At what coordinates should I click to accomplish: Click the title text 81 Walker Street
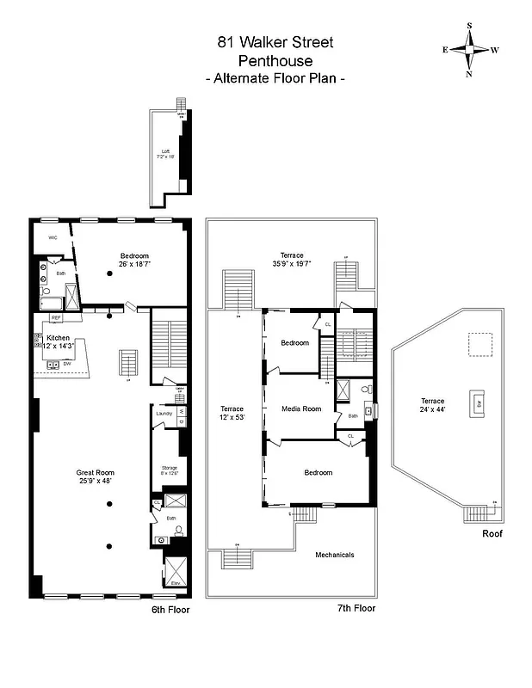tap(275, 42)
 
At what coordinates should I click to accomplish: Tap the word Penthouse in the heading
tap(275, 60)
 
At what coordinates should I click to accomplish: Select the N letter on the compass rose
tap(470, 74)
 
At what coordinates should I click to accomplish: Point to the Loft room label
tap(165, 153)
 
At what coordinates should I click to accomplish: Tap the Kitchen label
tap(59, 337)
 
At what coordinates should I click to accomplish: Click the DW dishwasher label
tap(66, 364)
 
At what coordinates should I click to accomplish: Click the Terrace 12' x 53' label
tap(232, 413)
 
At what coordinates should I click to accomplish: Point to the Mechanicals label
tap(334, 555)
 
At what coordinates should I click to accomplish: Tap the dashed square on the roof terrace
tap(480, 344)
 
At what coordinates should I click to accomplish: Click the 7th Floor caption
tap(356, 608)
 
